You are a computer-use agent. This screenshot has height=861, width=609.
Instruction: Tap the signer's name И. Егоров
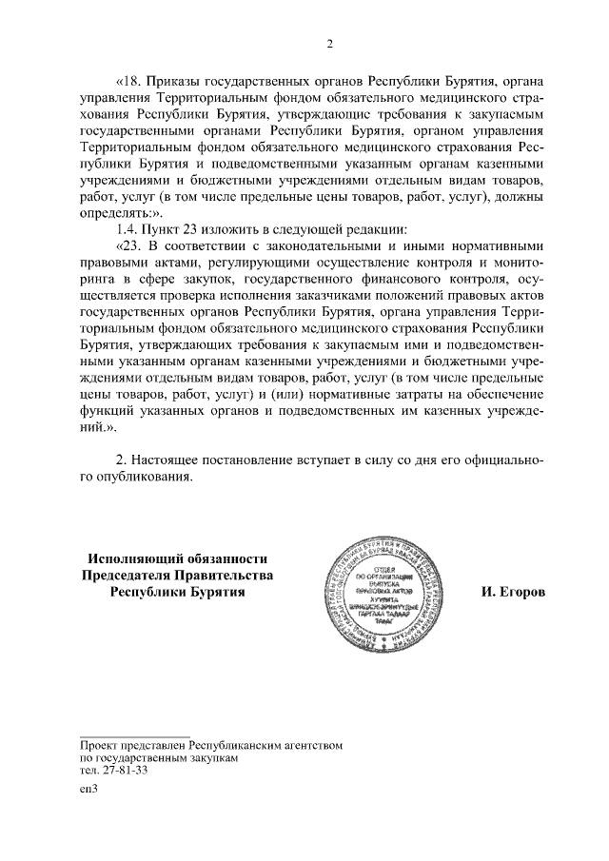[x=514, y=592]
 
